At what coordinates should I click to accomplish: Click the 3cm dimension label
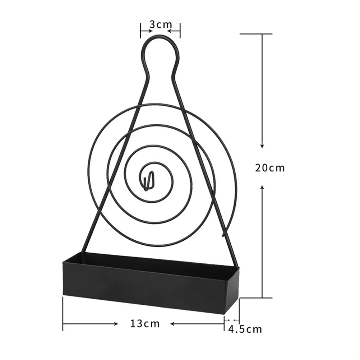(x=160, y=25)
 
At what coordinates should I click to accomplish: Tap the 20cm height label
(x=270, y=168)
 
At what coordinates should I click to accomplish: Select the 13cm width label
(x=145, y=323)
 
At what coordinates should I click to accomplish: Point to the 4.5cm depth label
(x=245, y=329)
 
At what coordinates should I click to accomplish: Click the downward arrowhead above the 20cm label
(x=262, y=146)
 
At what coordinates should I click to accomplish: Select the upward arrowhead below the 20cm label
(x=262, y=187)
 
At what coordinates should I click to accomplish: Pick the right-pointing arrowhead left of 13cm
(x=116, y=324)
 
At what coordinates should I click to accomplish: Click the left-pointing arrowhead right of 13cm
(x=172, y=324)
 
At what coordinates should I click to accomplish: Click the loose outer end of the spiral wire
(x=223, y=234)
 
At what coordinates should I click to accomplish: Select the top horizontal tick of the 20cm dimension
(x=256, y=34)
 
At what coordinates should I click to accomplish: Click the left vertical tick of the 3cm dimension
(x=140, y=31)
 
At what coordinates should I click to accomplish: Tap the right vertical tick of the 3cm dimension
(x=180, y=31)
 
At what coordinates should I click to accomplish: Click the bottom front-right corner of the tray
(x=224, y=314)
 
